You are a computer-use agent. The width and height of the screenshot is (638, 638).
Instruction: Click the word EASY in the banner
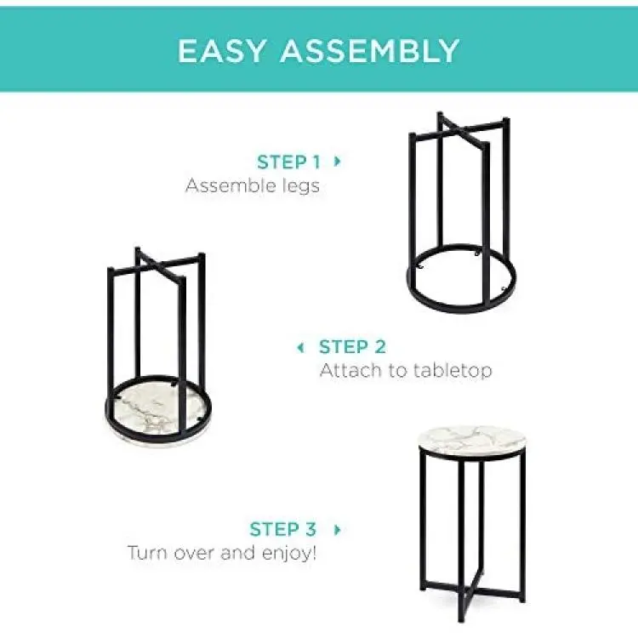point(221,51)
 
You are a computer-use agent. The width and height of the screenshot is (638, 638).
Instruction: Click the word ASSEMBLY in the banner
point(370,51)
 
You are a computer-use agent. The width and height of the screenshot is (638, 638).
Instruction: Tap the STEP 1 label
point(288,162)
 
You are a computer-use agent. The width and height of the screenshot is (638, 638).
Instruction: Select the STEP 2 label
point(352,347)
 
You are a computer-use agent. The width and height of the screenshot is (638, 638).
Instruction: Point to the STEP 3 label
point(282,529)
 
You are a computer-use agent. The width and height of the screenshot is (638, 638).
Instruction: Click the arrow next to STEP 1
point(337,162)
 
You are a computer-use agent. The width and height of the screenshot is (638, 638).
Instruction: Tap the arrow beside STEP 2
point(300,347)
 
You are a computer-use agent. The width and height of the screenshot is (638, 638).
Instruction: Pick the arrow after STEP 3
point(337,529)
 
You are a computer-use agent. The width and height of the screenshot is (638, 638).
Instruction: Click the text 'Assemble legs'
point(253,185)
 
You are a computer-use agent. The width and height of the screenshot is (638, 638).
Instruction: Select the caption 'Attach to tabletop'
point(406,370)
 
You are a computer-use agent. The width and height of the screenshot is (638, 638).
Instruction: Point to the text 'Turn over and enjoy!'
point(222,553)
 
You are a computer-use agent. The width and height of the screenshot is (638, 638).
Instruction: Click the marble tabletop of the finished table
point(472,441)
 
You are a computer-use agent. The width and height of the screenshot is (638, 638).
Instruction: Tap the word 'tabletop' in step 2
point(453,370)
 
